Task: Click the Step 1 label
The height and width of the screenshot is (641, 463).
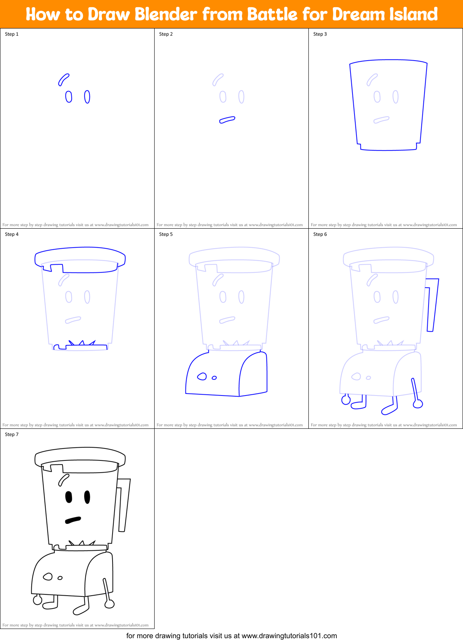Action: click(12, 34)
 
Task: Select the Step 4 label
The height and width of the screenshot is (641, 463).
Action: click(12, 234)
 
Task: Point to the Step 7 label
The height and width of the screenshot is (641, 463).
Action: click(12, 434)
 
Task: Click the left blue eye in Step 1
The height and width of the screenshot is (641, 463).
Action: click(68, 97)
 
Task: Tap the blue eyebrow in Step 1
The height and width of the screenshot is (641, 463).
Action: click(63, 79)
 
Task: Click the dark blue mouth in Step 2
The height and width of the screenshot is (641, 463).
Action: click(227, 120)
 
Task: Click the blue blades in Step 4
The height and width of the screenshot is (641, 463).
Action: click(82, 343)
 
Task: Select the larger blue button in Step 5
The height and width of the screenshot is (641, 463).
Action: click(202, 376)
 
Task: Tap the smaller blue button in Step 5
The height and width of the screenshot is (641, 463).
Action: click(214, 378)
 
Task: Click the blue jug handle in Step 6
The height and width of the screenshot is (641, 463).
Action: click(433, 305)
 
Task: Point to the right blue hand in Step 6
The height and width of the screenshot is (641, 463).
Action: click(418, 404)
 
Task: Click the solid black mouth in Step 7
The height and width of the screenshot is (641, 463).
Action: click(73, 520)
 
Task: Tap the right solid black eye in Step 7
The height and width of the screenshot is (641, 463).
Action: click(87, 497)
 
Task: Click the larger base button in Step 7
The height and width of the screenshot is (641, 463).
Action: click(48, 576)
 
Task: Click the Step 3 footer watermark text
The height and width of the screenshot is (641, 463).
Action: click(384, 225)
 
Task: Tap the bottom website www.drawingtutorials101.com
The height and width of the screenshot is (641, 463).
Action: click(289, 636)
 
